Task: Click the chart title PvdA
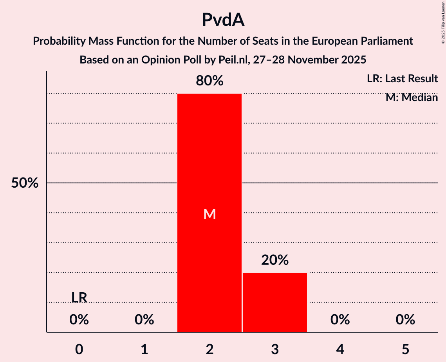tap(223, 20)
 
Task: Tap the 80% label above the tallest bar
tap(209, 81)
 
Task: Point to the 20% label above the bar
tap(275, 260)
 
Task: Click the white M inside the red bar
tap(209, 214)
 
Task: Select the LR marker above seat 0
tap(79, 298)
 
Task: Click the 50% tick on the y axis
tap(25, 183)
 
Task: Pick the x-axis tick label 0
tap(79, 349)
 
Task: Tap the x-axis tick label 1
tap(144, 349)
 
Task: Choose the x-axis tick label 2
tap(209, 349)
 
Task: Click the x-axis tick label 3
tap(275, 349)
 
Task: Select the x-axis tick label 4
tap(340, 349)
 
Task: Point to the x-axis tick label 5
tap(405, 349)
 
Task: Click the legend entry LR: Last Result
tap(402, 79)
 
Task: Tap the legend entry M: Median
tap(412, 97)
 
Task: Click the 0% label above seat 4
tap(340, 320)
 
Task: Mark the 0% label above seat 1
tap(144, 320)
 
